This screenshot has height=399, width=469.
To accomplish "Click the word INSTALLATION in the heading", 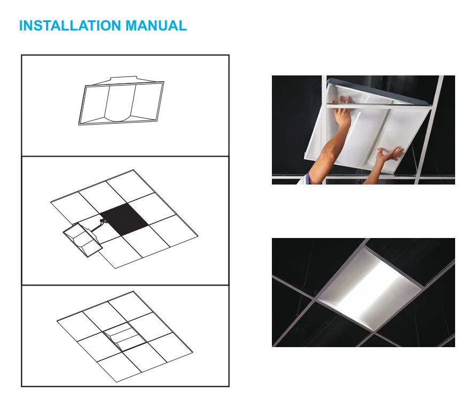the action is tap(69, 26).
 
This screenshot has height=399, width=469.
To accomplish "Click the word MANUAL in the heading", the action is tap(156, 26).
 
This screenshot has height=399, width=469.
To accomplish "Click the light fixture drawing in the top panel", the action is tap(121, 101).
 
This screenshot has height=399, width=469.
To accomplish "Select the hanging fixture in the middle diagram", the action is tap(83, 240).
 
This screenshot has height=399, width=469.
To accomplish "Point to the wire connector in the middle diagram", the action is tap(103, 221).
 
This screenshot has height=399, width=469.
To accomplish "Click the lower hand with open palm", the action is tap(389, 155).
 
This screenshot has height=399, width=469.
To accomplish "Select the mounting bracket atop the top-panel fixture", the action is tap(124, 79).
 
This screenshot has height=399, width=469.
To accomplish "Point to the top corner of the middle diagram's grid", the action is tap(134, 170).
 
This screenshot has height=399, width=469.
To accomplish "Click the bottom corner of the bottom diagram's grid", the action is tap(116, 382).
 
